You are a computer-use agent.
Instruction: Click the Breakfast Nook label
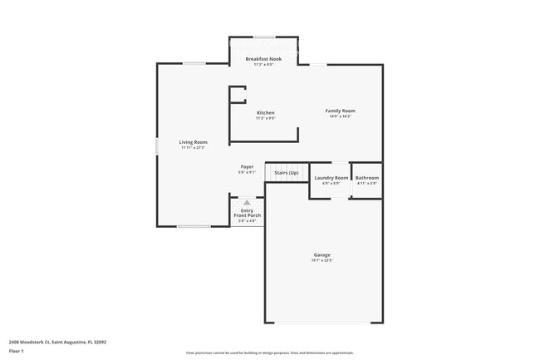pyautogui.click(x=263, y=59)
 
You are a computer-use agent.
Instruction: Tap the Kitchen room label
pyautogui.click(x=265, y=112)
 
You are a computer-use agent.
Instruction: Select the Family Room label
pyautogui.click(x=340, y=111)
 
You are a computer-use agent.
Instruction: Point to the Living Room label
pyautogui.click(x=194, y=142)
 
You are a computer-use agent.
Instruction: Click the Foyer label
pyautogui.click(x=248, y=166)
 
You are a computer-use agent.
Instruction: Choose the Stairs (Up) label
pyautogui.click(x=287, y=172)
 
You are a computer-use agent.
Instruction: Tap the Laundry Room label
pyautogui.click(x=331, y=178)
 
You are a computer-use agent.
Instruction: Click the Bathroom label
pyautogui.click(x=367, y=178)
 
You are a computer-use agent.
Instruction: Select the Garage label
pyautogui.click(x=322, y=254)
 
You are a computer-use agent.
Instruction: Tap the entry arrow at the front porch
pyautogui.click(x=247, y=202)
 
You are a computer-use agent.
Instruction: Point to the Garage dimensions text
pyautogui.click(x=322, y=261)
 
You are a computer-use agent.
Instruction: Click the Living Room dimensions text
pyautogui.click(x=194, y=148)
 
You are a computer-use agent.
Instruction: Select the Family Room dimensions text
pyautogui.click(x=340, y=117)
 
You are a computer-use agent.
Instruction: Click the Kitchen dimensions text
pyautogui.click(x=265, y=118)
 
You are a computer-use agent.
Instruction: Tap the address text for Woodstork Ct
pyautogui.click(x=57, y=341)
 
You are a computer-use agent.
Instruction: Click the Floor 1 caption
pyautogui.click(x=17, y=352)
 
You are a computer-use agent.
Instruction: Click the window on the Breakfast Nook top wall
pyautogui.click(x=265, y=37)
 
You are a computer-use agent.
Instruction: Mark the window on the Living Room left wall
pyautogui.click(x=157, y=146)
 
